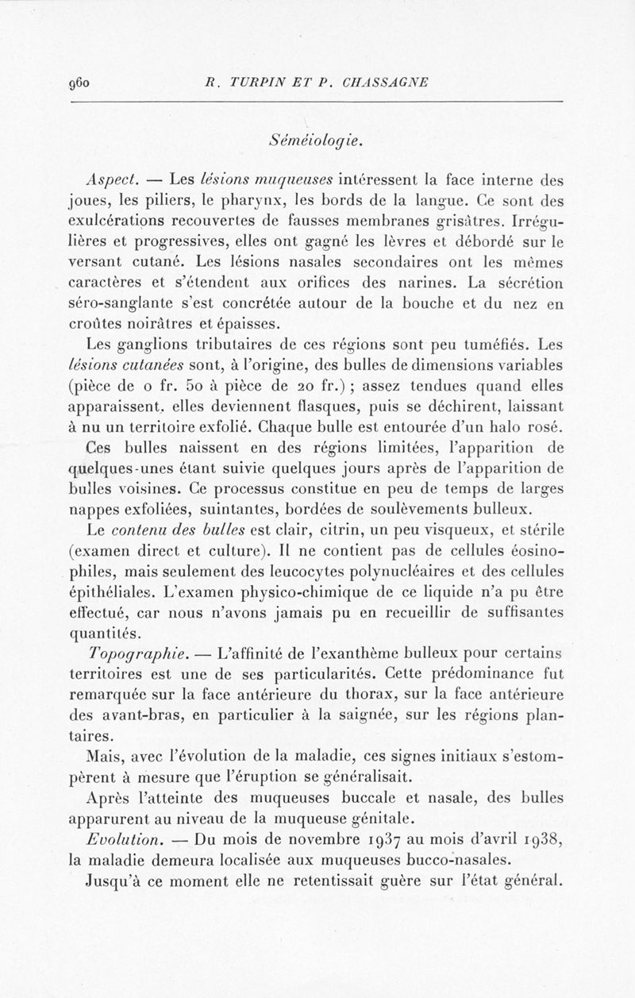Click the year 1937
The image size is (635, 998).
coord(385,839)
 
